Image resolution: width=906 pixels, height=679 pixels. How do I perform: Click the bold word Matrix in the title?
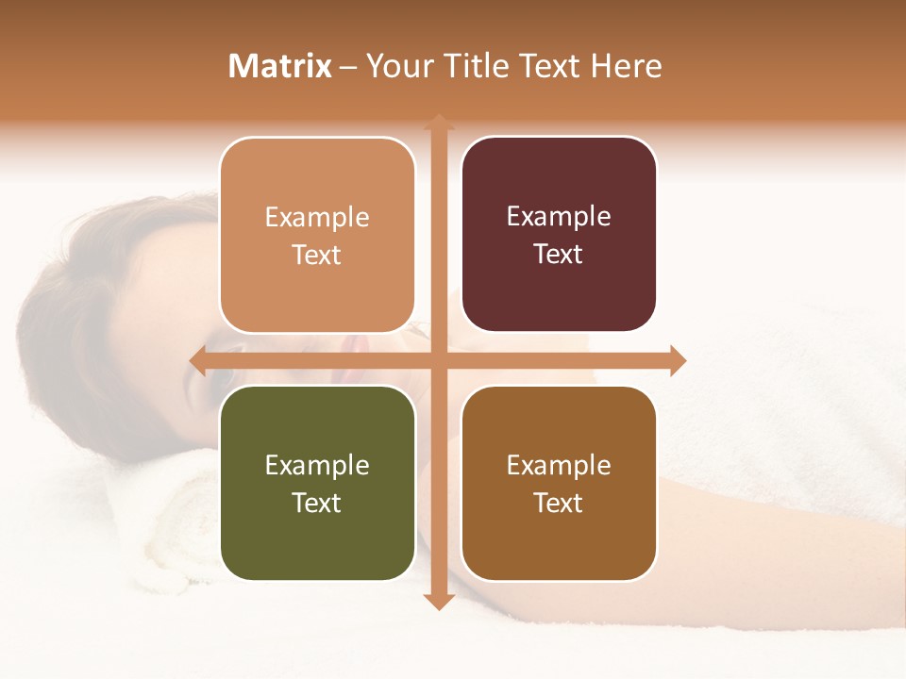tap(280, 66)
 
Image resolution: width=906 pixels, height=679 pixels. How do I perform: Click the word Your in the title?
tap(398, 66)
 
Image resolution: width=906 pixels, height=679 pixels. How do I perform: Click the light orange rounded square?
tap(317, 235)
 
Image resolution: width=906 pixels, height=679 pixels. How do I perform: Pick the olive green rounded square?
tap(317, 483)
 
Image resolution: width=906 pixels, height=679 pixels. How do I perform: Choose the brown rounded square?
tap(559, 483)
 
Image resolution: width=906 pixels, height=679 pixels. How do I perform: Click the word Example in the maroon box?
tap(559, 216)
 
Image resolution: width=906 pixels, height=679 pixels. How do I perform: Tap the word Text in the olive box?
tap(317, 503)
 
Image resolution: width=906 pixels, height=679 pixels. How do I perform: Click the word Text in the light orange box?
tap(317, 255)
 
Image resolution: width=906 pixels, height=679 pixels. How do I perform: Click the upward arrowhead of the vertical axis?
tap(438, 122)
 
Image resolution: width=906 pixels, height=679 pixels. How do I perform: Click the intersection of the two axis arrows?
tap(438, 360)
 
